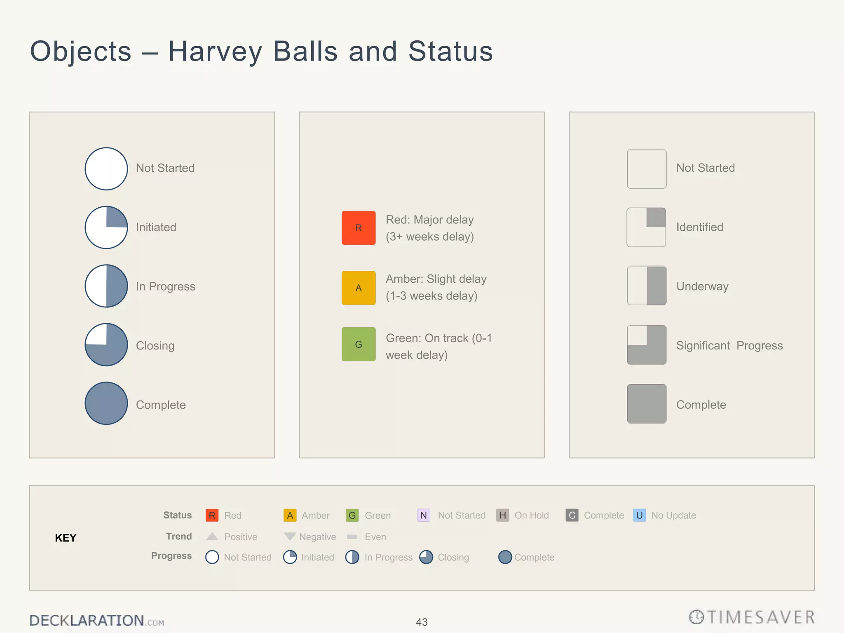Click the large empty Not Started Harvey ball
point(106,169)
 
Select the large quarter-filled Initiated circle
point(106,227)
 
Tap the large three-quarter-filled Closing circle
point(106,345)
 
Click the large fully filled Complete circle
point(106,403)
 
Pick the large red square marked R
point(359,228)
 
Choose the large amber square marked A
point(359,288)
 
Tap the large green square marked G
point(359,344)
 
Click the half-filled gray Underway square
point(647,286)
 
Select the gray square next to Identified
point(646,227)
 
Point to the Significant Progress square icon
point(647,345)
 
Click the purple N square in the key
point(424,515)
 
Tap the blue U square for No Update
point(639,515)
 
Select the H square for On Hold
point(503,515)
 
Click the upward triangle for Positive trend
point(212,537)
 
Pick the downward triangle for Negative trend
point(290,537)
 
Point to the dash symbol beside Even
point(352,537)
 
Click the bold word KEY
point(66,538)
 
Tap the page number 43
point(422,622)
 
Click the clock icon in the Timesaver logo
point(696,617)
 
